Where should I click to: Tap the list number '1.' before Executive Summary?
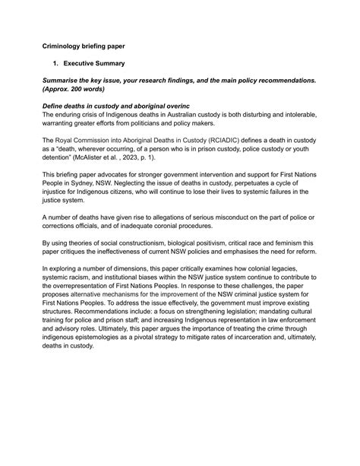(55, 64)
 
